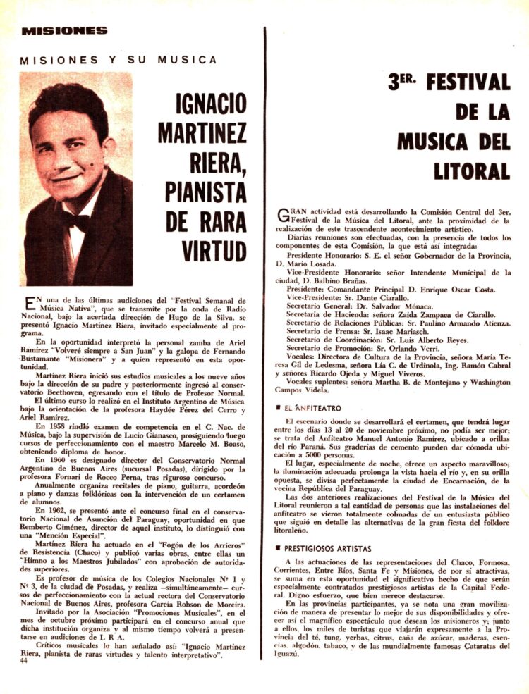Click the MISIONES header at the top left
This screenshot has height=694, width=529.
[x=64, y=30]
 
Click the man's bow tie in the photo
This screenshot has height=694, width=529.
[x=77, y=219]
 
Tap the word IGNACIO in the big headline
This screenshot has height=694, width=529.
[x=212, y=106]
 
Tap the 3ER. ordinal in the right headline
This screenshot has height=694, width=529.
[x=402, y=82]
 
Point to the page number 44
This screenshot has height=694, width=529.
[x=25, y=660]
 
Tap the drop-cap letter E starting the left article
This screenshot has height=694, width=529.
[x=30, y=303]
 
